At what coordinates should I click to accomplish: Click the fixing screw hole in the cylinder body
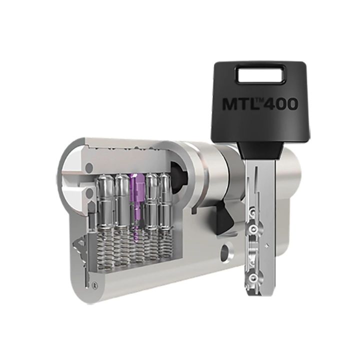tap(225, 250)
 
